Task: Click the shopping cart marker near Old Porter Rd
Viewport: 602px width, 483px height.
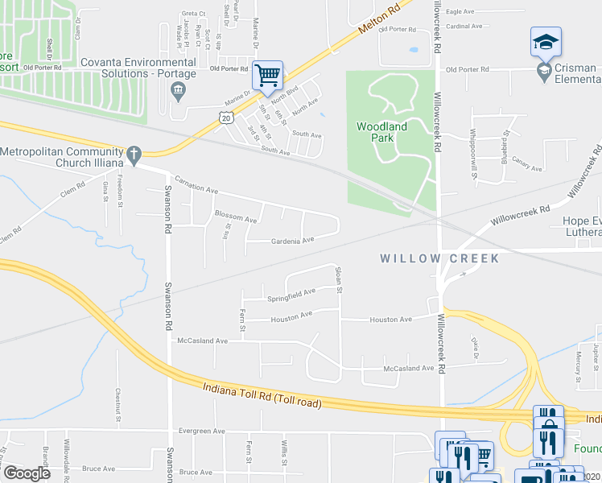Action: click(268, 76)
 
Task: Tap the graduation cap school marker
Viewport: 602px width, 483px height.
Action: click(545, 41)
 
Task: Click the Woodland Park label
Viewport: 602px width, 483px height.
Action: click(381, 132)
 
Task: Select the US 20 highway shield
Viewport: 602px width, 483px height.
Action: click(225, 118)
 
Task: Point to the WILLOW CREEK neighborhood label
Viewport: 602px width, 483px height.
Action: click(439, 258)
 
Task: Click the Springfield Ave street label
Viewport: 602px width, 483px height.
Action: click(291, 295)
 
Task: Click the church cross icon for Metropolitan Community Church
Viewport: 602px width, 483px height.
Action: click(134, 152)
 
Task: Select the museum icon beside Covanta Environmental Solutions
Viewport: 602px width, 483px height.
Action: click(178, 89)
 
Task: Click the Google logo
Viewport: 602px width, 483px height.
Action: click(27, 473)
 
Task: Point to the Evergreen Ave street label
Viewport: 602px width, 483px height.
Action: click(202, 431)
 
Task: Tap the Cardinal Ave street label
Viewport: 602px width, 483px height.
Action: click(464, 26)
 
